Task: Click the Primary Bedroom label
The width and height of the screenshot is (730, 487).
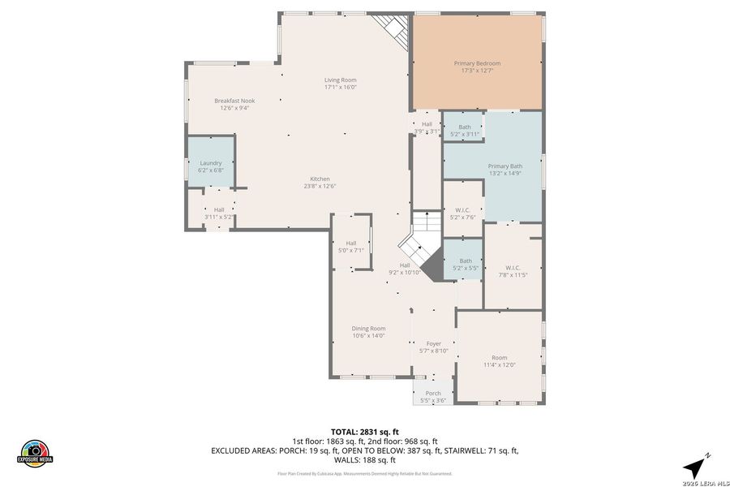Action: click(x=476, y=63)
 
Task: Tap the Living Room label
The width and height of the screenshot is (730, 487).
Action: click(x=341, y=80)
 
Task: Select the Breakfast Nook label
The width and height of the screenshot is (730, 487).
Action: click(x=234, y=101)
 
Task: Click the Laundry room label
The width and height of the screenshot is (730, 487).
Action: click(x=211, y=163)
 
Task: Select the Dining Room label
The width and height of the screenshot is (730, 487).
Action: click(x=368, y=329)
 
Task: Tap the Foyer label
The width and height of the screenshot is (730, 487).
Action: click(x=434, y=343)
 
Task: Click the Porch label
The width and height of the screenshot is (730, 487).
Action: click(x=433, y=394)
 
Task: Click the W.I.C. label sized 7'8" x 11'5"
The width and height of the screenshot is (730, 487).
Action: click(x=512, y=268)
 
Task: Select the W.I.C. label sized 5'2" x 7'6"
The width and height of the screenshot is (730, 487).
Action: click(x=462, y=210)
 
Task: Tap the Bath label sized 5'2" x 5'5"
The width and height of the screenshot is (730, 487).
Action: click(x=465, y=261)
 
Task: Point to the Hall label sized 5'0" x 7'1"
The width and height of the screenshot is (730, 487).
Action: click(x=351, y=243)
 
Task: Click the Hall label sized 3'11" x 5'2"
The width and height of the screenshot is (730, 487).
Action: click(x=219, y=209)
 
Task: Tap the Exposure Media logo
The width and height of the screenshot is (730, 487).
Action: click(x=36, y=453)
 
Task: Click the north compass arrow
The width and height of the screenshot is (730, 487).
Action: click(x=693, y=466)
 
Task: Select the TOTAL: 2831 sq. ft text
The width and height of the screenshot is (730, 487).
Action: click(x=363, y=432)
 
